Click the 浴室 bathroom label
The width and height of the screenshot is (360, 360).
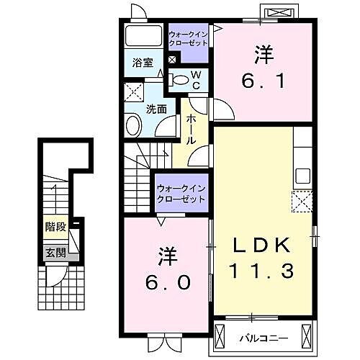(142, 63)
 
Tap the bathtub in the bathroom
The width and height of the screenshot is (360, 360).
(143, 37)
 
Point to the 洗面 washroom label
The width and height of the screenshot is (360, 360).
(156, 109)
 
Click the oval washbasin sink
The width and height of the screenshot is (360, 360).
(134, 125)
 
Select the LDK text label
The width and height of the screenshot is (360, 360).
(262, 246)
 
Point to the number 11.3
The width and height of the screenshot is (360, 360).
(262, 271)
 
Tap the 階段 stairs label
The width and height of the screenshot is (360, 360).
(55, 227)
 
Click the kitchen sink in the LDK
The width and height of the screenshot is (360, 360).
(302, 176)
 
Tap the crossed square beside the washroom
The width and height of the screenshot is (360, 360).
(133, 91)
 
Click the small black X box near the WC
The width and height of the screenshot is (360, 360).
(171, 60)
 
